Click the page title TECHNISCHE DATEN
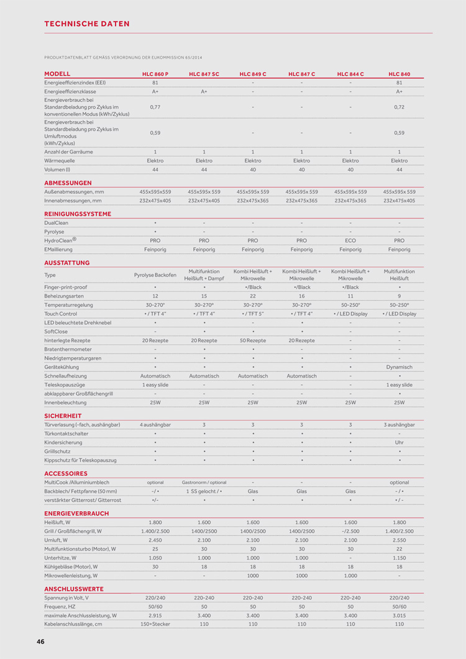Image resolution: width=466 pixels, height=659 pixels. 87,24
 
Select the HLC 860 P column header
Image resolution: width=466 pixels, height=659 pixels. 155,74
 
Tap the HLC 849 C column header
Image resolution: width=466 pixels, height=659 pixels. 253,74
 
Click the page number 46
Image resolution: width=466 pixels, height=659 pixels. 40,641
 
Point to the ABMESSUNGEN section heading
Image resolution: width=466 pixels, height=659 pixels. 68,183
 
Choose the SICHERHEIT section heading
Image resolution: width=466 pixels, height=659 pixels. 63,416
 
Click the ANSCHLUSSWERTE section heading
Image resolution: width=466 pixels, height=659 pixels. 73,588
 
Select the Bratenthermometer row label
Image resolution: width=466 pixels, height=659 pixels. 68,349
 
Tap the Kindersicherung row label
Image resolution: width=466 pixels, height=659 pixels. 66,442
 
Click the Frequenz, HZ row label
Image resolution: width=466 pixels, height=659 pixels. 60,606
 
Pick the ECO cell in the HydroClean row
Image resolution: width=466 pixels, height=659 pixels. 350,240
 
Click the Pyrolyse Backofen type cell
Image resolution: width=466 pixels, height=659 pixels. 155,274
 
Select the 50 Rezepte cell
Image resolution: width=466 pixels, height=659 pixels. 253,340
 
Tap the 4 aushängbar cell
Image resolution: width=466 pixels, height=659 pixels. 155,424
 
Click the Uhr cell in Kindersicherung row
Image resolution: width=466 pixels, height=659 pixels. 400,442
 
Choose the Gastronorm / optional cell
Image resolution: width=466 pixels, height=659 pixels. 204,482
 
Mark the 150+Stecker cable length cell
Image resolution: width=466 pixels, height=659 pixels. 155,624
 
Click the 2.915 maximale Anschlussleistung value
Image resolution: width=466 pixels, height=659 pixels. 155,615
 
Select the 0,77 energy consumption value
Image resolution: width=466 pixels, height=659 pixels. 155,107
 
